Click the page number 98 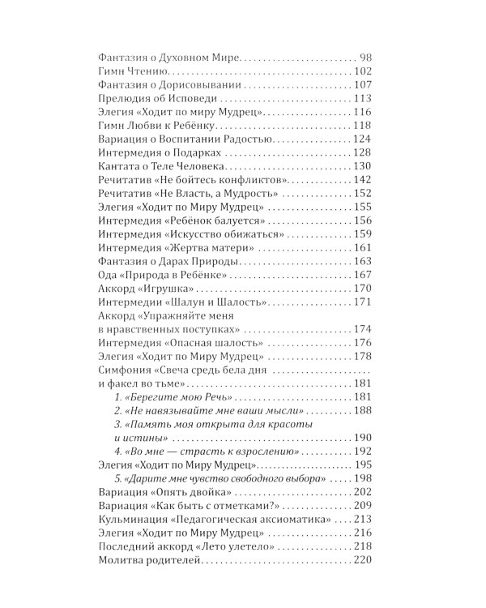(364, 59)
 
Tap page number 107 (361, 86)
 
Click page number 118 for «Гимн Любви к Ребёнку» (361, 126)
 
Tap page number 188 (361, 410)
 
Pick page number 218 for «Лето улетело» (361, 568)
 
